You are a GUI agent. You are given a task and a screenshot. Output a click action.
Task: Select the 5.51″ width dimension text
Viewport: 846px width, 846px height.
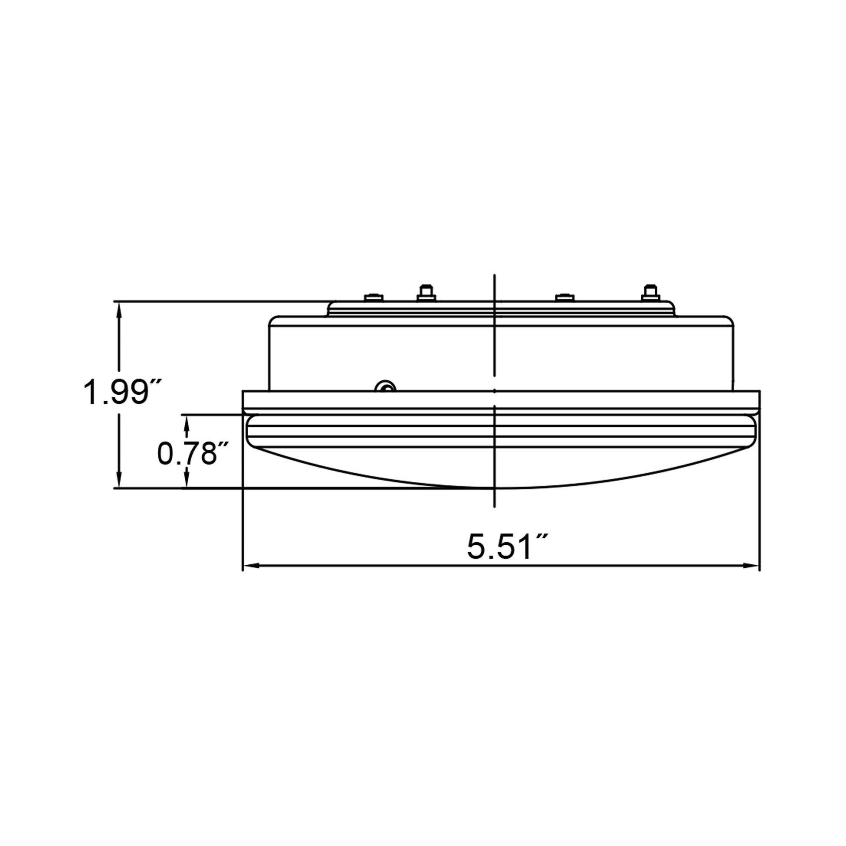[507, 547]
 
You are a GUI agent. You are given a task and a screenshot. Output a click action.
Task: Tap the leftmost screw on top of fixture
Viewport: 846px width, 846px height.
[373, 297]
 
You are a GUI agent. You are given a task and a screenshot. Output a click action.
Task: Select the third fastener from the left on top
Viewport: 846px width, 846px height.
[564, 297]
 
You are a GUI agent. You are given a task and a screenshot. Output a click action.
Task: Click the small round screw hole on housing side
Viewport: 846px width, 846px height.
[386, 386]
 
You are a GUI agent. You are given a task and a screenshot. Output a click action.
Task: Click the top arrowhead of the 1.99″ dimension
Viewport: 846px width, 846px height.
[118, 307]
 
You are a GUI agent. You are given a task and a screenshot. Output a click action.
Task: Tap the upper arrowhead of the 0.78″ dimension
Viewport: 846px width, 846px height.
[187, 420]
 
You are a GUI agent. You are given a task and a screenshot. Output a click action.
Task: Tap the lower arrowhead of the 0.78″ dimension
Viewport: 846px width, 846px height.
[187, 482]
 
